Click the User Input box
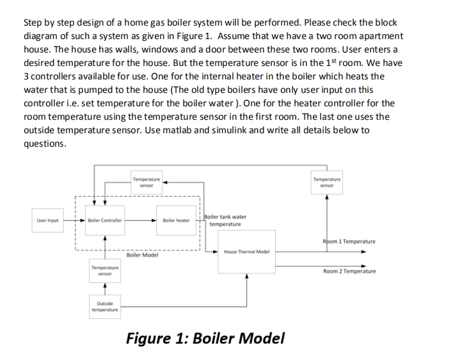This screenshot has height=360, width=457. point(47,220)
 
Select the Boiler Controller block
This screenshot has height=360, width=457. point(106,220)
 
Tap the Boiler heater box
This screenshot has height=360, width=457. point(176,220)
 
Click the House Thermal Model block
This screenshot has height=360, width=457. point(246,252)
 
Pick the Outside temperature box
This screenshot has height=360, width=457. point(106,306)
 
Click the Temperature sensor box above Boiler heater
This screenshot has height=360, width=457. point(147,181)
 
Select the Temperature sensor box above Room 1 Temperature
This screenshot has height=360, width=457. point(327,181)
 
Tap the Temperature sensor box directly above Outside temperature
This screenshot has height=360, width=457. point(106,270)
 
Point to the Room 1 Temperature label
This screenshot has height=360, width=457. point(349,241)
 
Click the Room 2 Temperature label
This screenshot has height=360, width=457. point(349,271)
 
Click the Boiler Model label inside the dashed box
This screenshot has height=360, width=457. point(142,255)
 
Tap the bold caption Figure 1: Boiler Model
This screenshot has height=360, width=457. point(205,338)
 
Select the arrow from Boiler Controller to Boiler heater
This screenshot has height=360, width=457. point(140,220)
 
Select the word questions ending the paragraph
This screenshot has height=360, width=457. point(44,143)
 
